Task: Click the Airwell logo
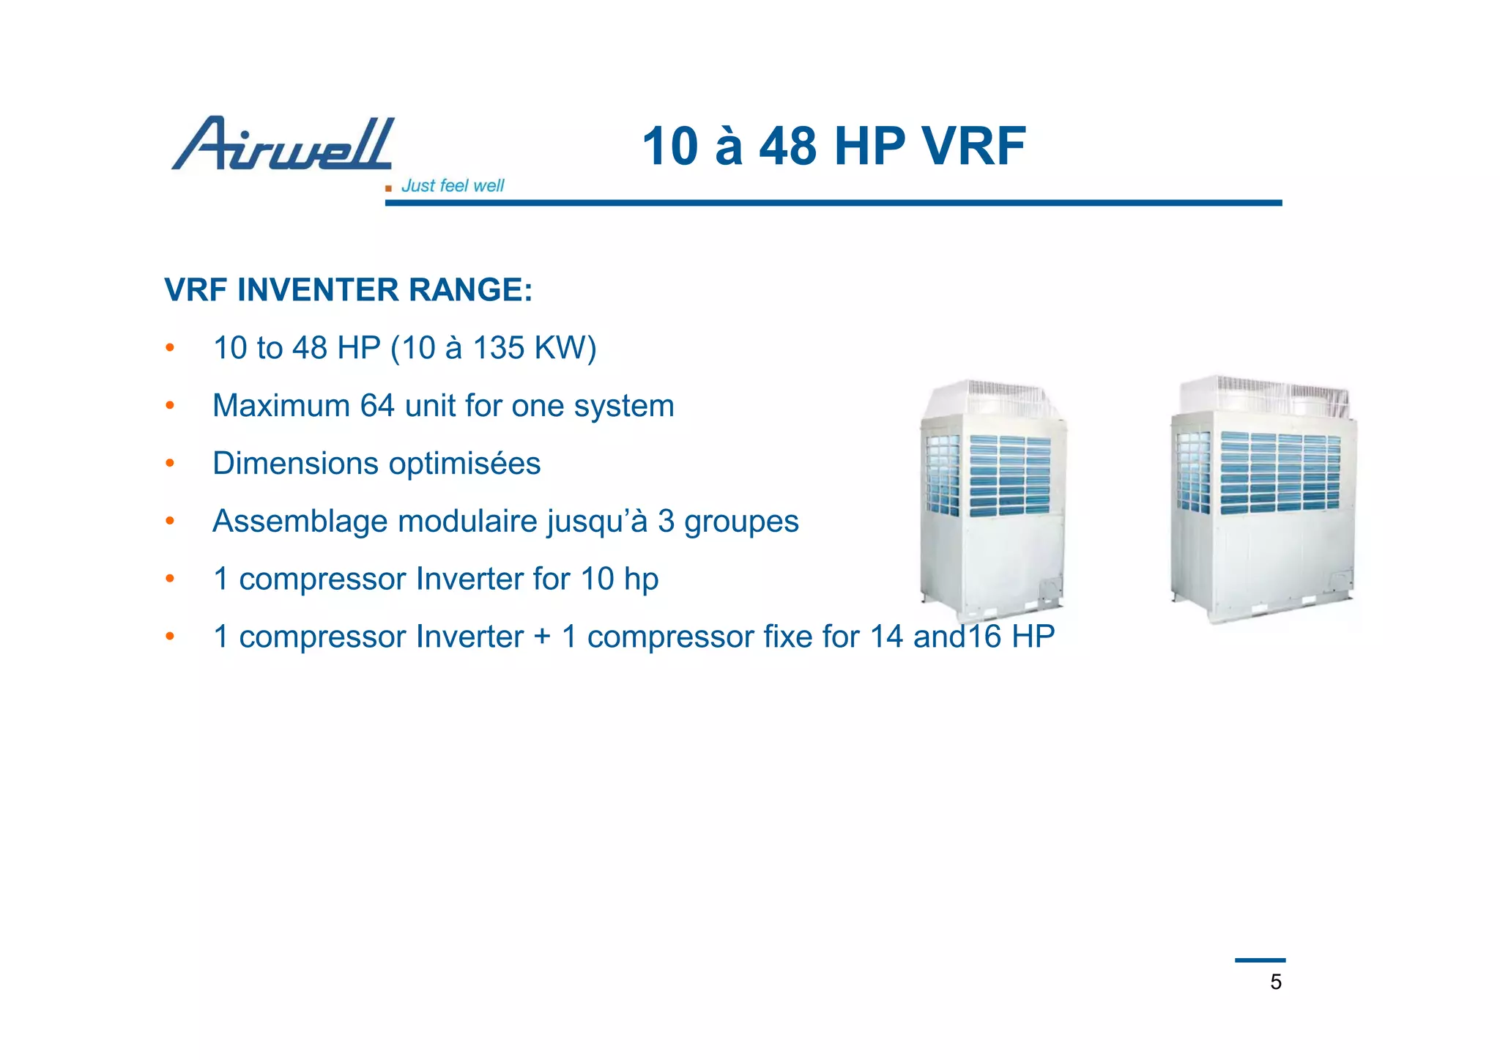coord(283,144)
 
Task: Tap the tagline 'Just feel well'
coord(453,186)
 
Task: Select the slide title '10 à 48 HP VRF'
coord(833,146)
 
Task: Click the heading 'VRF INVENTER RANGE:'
coord(349,290)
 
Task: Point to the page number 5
coord(1276,982)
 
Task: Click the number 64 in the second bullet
coord(377,406)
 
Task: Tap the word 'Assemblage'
coord(301,522)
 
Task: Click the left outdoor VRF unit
coord(992,505)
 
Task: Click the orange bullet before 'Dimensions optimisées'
coord(170,464)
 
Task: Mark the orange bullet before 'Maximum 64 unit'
coord(170,406)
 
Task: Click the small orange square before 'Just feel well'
coord(388,188)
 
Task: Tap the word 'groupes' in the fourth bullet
coord(741,522)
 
